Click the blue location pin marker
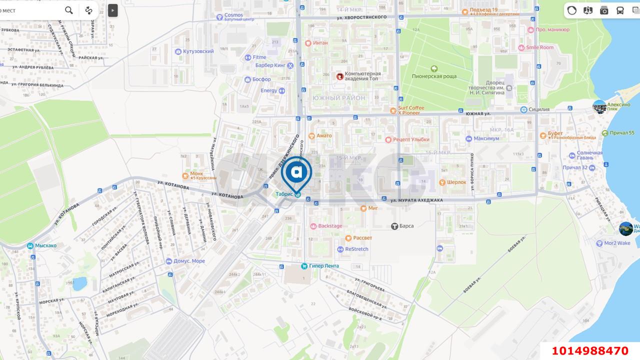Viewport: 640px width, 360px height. click(x=296, y=173)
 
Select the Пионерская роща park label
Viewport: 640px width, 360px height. click(x=434, y=76)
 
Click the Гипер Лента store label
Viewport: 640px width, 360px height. click(x=323, y=266)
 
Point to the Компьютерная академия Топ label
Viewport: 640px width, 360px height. click(x=362, y=76)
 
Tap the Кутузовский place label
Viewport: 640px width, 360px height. click(x=198, y=51)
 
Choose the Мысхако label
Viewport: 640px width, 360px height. click(x=45, y=245)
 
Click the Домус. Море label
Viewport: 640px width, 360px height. click(x=188, y=261)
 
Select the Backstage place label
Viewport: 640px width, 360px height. click(x=330, y=226)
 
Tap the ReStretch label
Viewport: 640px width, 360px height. click(x=356, y=249)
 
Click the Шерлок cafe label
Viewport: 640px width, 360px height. click(x=456, y=182)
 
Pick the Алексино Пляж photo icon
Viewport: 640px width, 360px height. click(x=599, y=106)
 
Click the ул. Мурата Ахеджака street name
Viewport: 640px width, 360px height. click(x=416, y=200)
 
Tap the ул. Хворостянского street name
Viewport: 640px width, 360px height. click(x=361, y=17)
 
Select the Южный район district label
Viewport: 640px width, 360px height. click(x=339, y=98)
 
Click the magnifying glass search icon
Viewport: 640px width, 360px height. click(x=69, y=10)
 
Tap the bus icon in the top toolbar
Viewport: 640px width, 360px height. click(x=620, y=10)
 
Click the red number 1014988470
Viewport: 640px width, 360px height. click(x=590, y=350)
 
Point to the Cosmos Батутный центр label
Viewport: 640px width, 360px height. click(x=233, y=15)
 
